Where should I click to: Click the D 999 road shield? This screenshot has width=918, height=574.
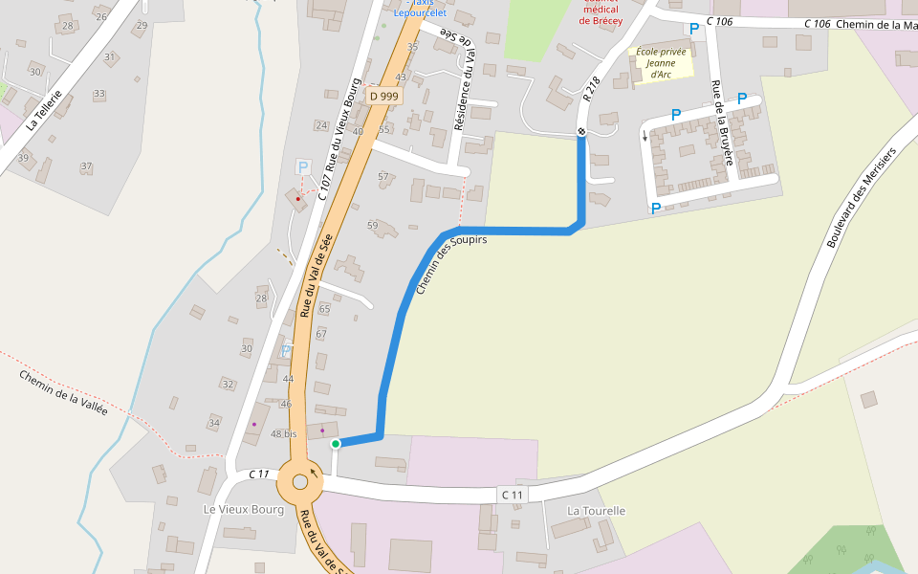tap(383, 96)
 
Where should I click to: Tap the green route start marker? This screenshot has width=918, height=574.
tap(336, 444)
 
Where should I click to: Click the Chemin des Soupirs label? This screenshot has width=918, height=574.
tap(451, 264)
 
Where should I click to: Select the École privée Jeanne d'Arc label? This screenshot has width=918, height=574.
tap(661, 62)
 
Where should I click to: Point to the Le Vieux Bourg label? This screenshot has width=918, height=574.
tap(244, 510)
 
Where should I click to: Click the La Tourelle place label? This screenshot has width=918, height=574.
tap(596, 511)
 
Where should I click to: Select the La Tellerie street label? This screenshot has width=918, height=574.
tap(44, 110)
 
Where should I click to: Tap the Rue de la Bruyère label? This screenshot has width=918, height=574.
tap(722, 123)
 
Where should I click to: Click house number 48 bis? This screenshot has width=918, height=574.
tap(284, 434)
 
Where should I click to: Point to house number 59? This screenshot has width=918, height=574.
tap(373, 225)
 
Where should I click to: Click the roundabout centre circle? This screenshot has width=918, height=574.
tap(300, 483)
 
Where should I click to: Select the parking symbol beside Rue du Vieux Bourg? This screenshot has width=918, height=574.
tap(303, 167)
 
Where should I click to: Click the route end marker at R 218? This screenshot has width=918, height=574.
tap(580, 131)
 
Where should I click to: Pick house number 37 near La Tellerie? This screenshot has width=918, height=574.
tap(86, 166)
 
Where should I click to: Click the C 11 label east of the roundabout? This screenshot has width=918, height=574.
tap(513, 495)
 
